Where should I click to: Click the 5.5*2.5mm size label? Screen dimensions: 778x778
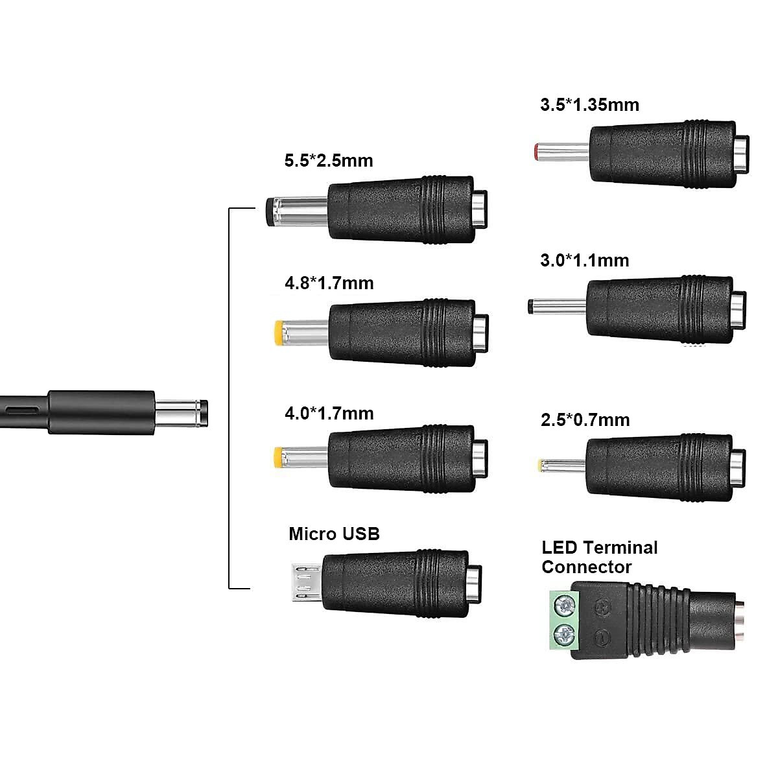click(329, 161)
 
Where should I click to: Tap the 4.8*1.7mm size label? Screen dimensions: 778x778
click(329, 283)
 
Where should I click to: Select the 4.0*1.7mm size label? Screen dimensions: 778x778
click(329, 414)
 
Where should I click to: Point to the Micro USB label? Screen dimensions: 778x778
click(335, 534)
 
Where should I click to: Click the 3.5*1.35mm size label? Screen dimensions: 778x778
click(590, 105)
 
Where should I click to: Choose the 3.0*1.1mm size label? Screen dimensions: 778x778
click(585, 261)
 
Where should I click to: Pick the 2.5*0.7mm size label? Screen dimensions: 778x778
click(585, 420)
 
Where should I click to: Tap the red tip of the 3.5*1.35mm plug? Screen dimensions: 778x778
click(537, 152)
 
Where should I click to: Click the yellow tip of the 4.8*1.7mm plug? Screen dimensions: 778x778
click(279, 333)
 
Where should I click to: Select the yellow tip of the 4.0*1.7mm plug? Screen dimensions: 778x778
click(278, 457)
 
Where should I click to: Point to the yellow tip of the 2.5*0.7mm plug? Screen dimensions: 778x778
click(540, 466)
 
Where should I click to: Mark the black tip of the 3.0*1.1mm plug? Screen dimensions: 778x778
click(530, 306)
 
